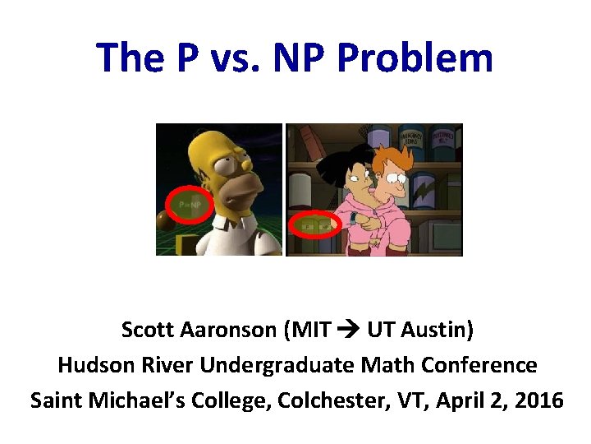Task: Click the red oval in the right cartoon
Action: [316, 224]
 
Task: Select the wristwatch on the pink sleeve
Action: [354, 218]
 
